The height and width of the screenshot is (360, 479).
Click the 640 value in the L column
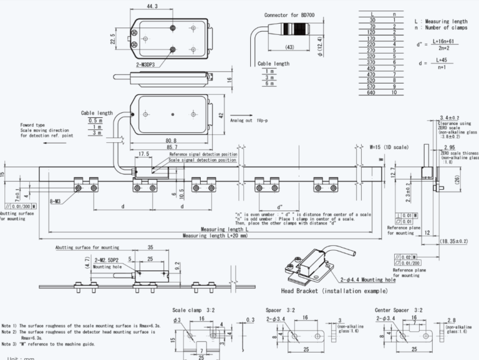[372, 92]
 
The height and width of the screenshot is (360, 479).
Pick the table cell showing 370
[372, 62]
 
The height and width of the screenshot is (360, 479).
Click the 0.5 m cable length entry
[95, 120]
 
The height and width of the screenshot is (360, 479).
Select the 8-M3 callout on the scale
[56, 202]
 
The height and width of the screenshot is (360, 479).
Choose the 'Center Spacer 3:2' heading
[399, 310]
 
